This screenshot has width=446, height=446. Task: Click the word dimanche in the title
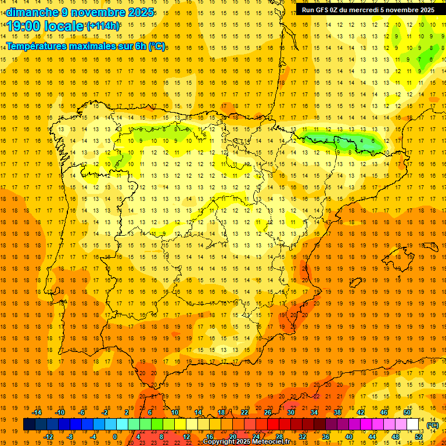coord(27,13)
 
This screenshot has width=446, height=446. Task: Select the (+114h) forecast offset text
coord(103,26)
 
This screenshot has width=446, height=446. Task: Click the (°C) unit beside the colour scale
coord(433,425)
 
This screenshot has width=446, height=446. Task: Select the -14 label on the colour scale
coord(37,412)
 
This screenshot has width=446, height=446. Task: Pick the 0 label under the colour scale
coord(115,437)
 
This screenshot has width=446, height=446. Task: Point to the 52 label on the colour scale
coord(419,437)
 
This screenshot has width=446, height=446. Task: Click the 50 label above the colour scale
coord(407,412)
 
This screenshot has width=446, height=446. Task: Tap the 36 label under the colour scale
coord(326,437)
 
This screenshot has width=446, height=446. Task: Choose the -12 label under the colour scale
coord(48,437)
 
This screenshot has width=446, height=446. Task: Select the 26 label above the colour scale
coord(268,412)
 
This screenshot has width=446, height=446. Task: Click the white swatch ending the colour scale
coord(413,425)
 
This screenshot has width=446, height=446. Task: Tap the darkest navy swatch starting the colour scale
coord(29,425)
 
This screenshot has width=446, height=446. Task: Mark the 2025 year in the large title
coord(140,13)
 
